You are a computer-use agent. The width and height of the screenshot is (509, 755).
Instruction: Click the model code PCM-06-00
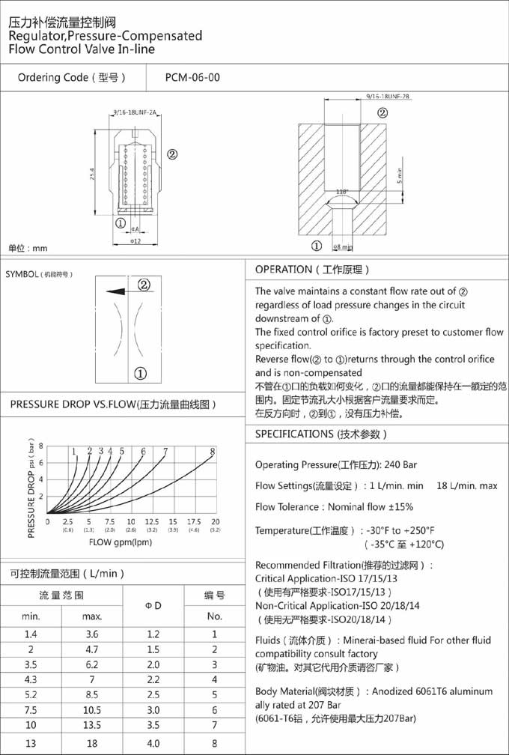(193, 77)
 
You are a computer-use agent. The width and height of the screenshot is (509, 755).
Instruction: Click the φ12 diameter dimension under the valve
(135, 241)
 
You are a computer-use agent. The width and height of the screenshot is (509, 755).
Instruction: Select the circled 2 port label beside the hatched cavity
(382, 113)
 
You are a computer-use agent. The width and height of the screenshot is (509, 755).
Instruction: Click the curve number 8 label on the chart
(213, 451)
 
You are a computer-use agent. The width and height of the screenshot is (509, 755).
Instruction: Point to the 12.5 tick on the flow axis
(152, 521)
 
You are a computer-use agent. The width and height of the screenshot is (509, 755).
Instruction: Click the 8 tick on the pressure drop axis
(41, 445)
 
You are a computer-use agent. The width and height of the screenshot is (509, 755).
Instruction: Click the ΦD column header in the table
(152, 605)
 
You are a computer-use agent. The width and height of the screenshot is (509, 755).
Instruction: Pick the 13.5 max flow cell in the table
(91, 725)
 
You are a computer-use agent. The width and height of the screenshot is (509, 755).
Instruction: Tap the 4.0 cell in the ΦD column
(152, 743)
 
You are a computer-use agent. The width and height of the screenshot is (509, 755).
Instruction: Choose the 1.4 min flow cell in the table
(31, 635)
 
